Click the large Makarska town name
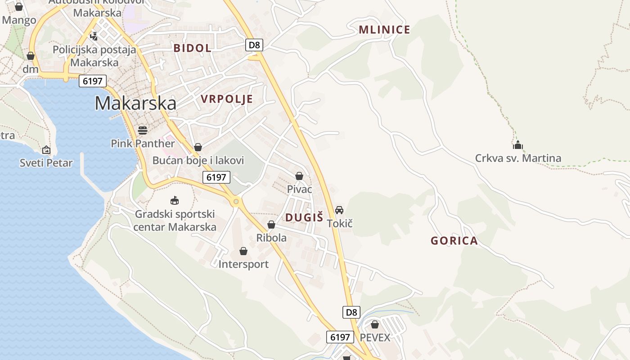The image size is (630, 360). coord(135,103)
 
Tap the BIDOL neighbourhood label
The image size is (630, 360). coord(192,48)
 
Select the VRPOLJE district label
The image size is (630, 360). coord(226,99)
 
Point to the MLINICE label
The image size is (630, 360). coord(384,30)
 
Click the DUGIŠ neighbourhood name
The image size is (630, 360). coord(304,218)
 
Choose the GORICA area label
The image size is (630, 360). coord(454,241)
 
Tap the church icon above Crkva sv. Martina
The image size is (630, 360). coord(518,145)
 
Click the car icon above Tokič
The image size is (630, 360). coord(339,210)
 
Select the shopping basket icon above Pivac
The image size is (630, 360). coord(299,176)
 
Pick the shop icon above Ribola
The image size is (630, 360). coord(271,225)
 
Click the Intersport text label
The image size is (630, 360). coord(243,264)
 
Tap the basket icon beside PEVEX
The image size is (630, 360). coord(375,324)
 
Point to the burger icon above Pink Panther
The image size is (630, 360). coord(143,130)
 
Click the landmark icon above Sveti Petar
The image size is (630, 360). coord(46,150)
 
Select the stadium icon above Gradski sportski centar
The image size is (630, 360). coord(175,201)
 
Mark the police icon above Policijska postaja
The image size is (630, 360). coord(94,36)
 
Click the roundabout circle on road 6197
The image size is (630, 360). coord(236,202)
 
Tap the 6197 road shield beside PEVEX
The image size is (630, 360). coord(340,337)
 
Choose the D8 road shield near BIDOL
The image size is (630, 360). coord(254,45)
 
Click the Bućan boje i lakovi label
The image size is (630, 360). coord(198,161)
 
